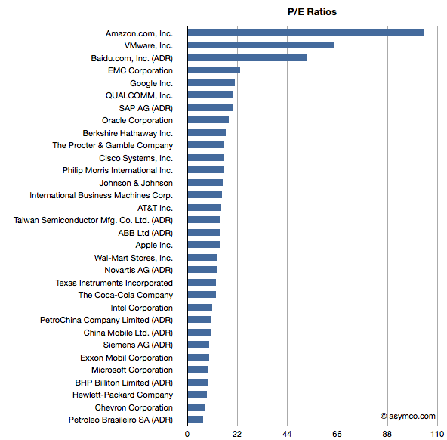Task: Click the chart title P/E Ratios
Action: (x=312, y=11)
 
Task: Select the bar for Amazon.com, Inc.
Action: (x=306, y=33)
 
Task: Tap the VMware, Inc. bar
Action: (x=261, y=45)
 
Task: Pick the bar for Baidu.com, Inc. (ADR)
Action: (x=247, y=58)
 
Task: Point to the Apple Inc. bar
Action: (x=204, y=245)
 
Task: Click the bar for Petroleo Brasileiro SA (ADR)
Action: (x=196, y=419)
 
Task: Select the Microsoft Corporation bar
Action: (x=198, y=370)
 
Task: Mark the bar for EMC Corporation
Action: (x=214, y=70)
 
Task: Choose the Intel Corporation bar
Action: (x=200, y=307)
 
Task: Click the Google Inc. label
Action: (x=151, y=83)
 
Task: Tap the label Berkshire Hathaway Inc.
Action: (x=128, y=133)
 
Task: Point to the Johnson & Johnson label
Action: (x=136, y=183)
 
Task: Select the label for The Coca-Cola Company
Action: (x=125, y=295)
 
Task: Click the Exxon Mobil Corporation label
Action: (x=127, y=358)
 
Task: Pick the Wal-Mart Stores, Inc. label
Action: (x=134, y=258)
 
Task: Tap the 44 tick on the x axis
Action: (x=287, y=434)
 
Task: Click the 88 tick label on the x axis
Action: (x=387, y=434)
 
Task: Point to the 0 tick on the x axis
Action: (x=187, y=434)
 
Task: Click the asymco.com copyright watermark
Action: (x=408, y=417)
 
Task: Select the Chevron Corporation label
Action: (x=134, y=407)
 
